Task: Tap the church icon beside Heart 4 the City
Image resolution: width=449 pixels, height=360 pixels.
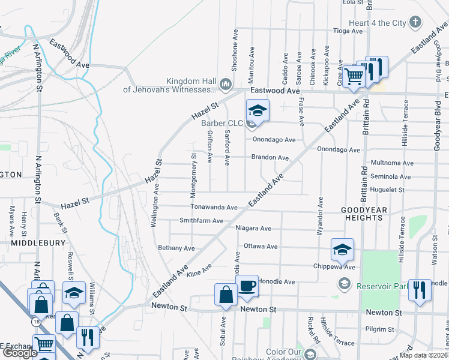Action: point(415,23)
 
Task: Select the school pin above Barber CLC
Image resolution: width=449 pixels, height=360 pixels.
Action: point(257,110)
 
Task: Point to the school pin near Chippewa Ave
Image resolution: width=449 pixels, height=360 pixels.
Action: point(342,249)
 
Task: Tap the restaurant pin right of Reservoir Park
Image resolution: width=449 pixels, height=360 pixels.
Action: point(420,290)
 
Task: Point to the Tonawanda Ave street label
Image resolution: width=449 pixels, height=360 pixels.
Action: point(214,207)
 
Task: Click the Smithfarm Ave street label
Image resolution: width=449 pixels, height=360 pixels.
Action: point(201,221)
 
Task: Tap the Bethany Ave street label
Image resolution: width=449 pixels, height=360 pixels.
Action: point(176,248)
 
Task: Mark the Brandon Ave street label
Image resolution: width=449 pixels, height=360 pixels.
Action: point(270,158)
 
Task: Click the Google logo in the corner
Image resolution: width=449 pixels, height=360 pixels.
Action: point(19,353)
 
